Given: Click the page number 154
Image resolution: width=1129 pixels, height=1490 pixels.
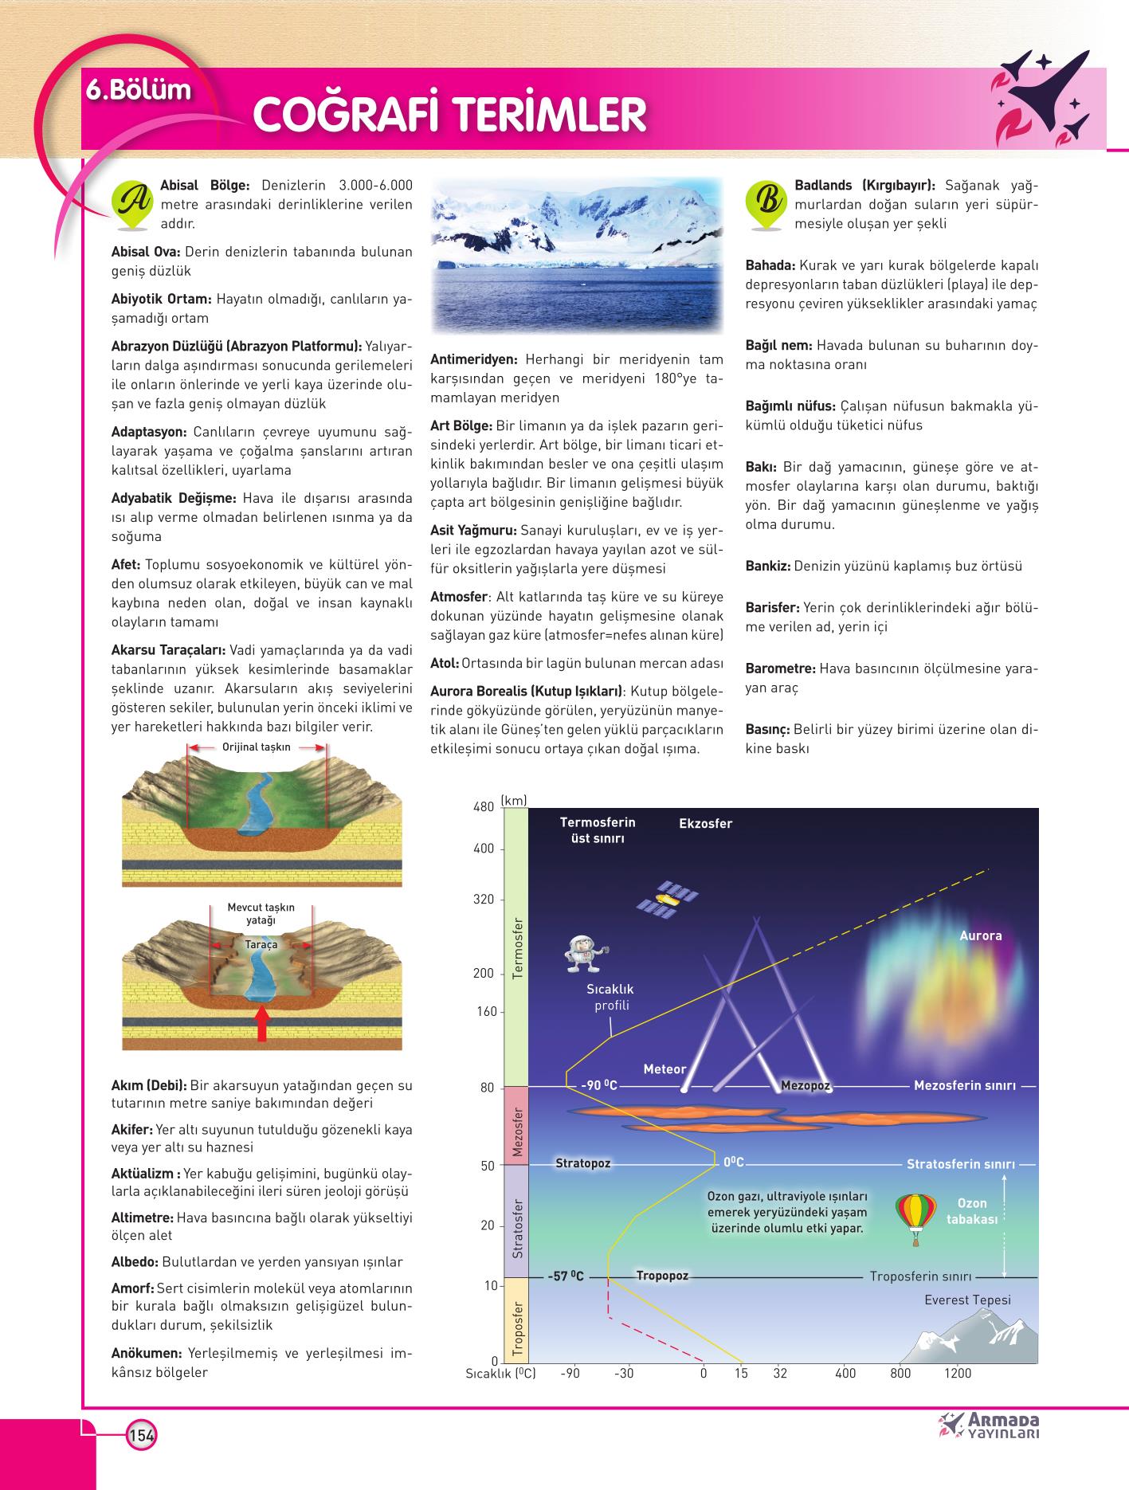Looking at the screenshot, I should (141, 1435).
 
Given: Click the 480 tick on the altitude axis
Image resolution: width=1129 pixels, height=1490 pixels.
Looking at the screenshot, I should (484, 807).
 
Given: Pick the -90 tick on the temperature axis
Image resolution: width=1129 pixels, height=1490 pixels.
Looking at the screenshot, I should (570, 1373).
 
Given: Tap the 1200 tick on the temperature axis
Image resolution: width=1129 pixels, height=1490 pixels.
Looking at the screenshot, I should (958, 1373).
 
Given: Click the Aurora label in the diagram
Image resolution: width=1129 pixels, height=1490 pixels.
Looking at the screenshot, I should (980, 935).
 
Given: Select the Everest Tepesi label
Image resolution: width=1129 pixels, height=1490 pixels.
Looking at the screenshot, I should (967, 1300).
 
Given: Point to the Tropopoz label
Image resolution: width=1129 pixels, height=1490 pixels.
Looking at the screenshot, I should (662, 1276).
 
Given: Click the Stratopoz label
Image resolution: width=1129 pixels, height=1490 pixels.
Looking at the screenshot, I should (583, 1163).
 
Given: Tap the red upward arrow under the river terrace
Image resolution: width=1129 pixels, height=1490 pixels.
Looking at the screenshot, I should (261, 1023).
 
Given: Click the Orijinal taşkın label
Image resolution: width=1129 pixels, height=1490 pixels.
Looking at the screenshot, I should (257, 747).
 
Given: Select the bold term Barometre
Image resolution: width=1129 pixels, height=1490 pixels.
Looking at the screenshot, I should (780, 668).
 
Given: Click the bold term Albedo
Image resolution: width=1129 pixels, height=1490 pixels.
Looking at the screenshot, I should (134, 1262).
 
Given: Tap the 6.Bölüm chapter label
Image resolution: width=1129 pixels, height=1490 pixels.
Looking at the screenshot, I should (139, 89).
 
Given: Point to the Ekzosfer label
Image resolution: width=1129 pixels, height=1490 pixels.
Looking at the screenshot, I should (705, 823).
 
